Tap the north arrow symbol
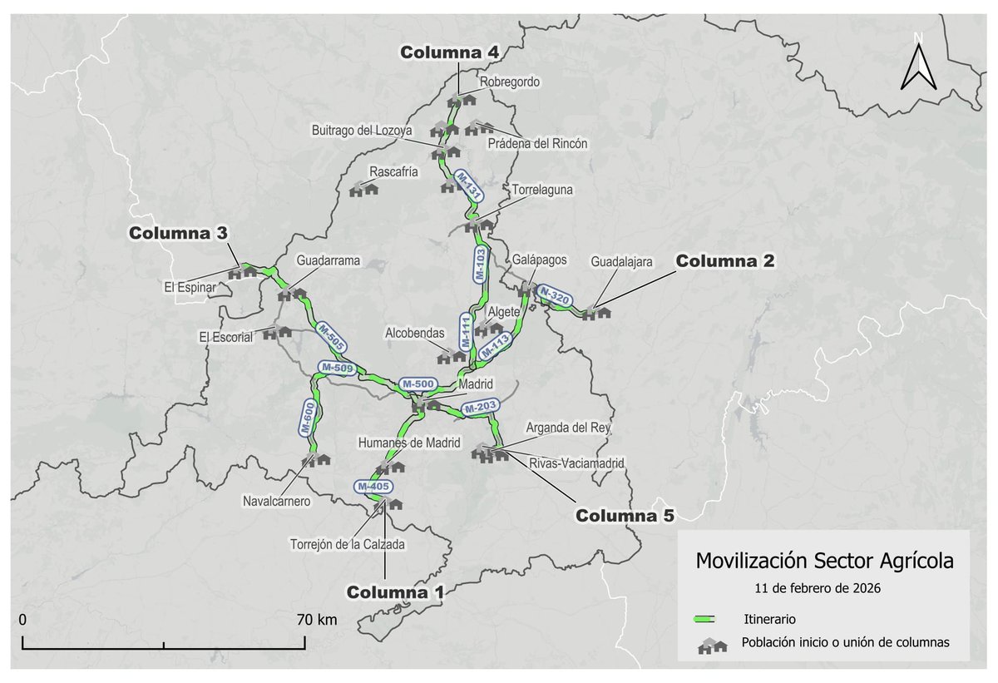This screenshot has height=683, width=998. (x=918, y=65)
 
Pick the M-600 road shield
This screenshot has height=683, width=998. (x=306, y=418)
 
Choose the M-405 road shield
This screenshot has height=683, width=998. (x=372, y=486)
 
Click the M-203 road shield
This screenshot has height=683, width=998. (x=480, y=408)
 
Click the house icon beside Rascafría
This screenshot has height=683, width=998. (x=363, y=189)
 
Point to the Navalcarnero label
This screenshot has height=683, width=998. (x=277, y=502)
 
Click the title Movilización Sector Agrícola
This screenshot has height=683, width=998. (x=824, y=560)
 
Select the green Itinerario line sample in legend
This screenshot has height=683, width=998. (x=706, y=620)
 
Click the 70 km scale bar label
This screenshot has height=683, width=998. (x=315, y=620)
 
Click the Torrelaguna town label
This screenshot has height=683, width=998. (x=542, y=190)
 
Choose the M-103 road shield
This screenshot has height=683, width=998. (x=479, y=263)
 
